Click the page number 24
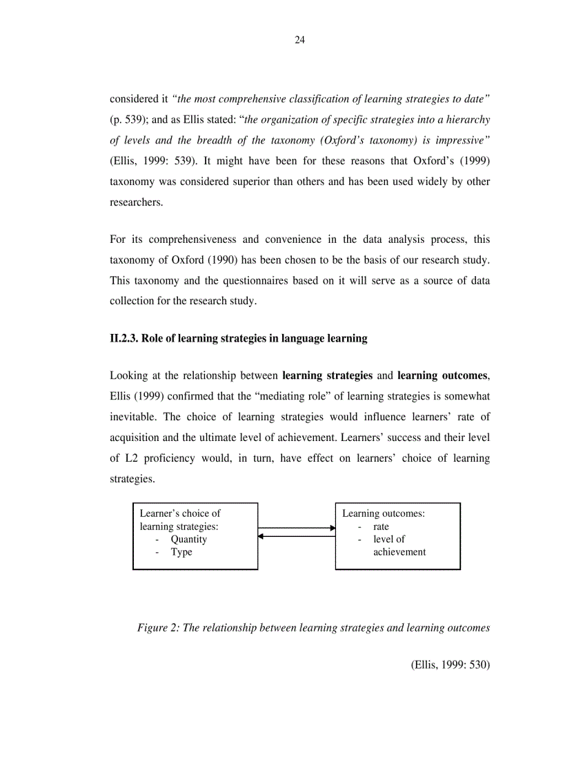299,40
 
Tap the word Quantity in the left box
189,540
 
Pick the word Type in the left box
181,552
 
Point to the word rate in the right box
381,527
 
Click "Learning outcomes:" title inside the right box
383,513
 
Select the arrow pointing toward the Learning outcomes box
297,528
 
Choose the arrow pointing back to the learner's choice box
297,536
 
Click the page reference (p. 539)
128,119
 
